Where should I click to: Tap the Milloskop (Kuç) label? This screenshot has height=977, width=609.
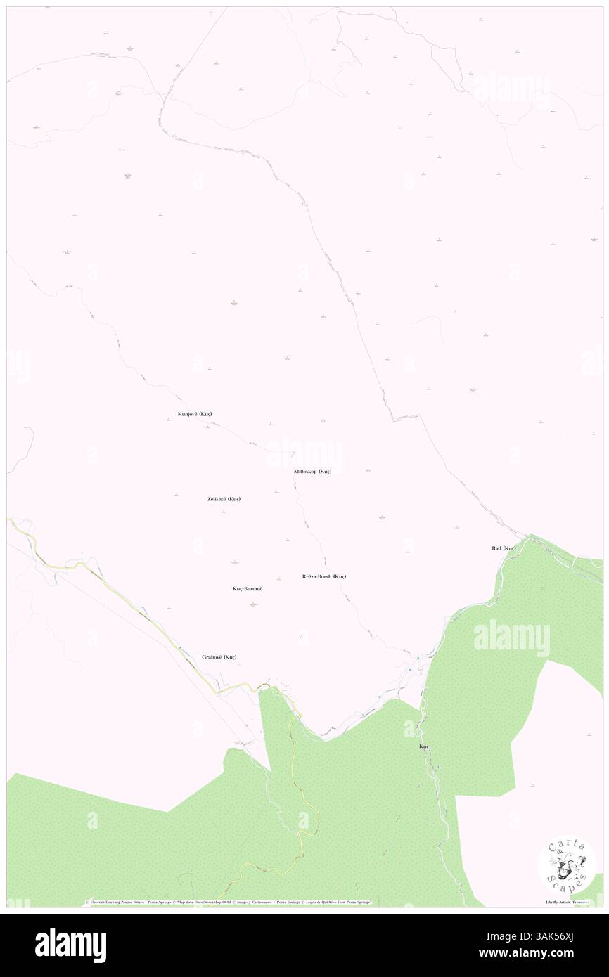point(312,471)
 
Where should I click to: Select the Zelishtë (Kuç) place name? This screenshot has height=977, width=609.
point(224,499)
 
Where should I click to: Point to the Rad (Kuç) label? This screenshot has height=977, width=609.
point(504,548)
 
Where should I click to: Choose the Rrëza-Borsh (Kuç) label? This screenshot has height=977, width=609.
point(323,576)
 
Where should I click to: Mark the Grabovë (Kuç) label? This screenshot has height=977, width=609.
point(219,657)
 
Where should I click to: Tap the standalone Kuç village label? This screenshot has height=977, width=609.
point(423,745)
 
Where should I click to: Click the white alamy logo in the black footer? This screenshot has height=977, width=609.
point(70,945)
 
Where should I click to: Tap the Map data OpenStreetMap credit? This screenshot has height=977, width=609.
point(195,902)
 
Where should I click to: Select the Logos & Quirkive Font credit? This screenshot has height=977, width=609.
point(338,902)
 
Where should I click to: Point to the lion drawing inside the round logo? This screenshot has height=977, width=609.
point(566,863)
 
